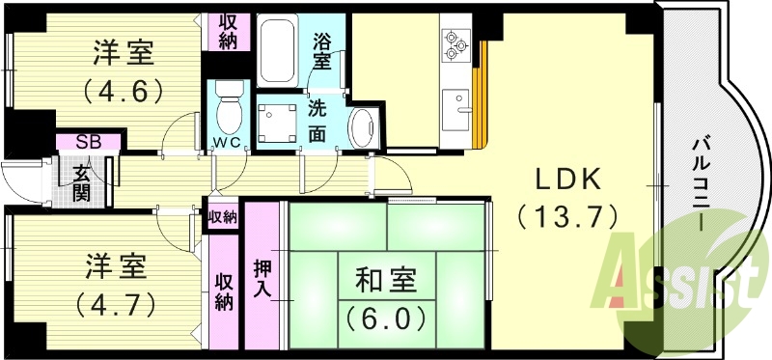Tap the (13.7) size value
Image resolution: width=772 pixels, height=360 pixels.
(x=567, y=216)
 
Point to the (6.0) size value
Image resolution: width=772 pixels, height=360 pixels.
(x=387, y=316)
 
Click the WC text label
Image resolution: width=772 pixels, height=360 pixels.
(x=228, y=146)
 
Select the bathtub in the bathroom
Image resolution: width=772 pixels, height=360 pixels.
(x=280, y=51)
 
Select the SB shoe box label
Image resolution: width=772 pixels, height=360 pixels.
(x=88, y=143)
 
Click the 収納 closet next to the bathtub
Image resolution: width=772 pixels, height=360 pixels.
(x=230, y=31)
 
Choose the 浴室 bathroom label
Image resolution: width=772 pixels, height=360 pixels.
(x=322, y=50)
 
